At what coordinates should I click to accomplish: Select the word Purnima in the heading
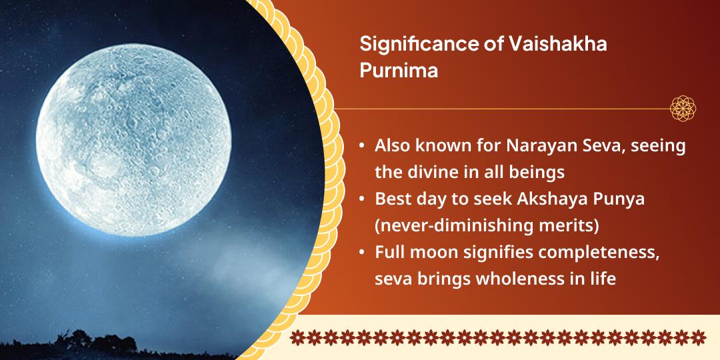pyautogui.click(x=399, y=71)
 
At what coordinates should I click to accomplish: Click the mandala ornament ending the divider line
pyautogui.click(x=683, y=108)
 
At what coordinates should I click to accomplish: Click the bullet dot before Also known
pyautogui.click(x=361, y=147)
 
